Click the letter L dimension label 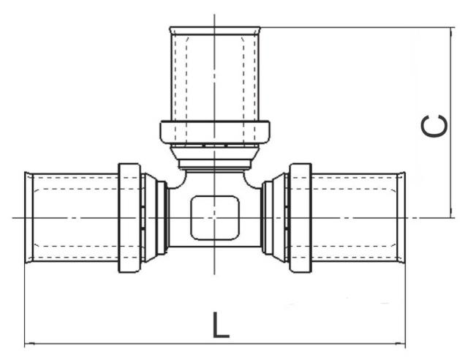(x=220, y=324)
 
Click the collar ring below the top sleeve (x=214, y=133)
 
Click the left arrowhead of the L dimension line (x=27, y=344)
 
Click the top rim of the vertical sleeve (x=214, y=29)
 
